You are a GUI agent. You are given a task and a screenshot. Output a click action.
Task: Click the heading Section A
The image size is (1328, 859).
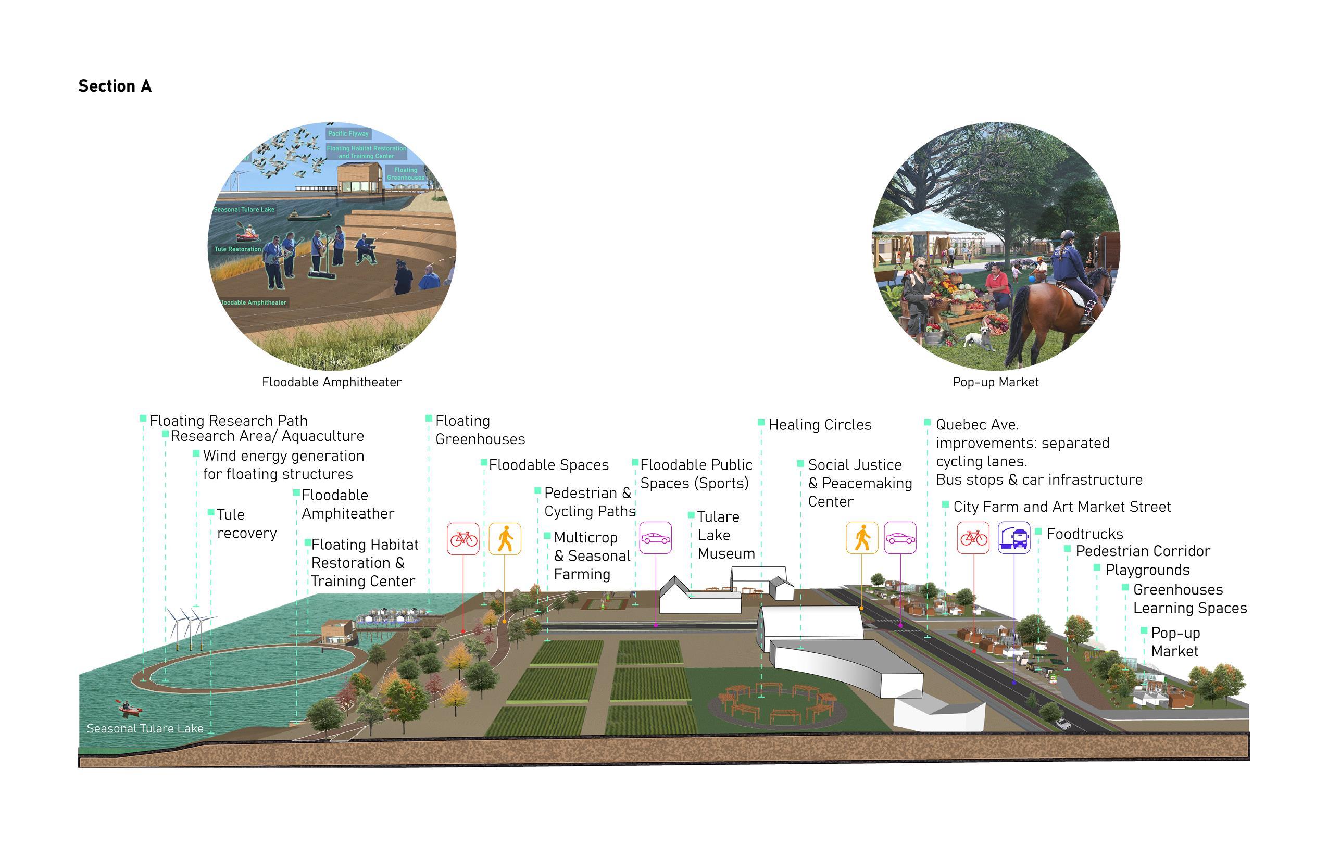tap(115, 86)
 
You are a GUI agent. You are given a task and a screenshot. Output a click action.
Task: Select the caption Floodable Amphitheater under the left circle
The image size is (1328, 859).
tap(331, 382)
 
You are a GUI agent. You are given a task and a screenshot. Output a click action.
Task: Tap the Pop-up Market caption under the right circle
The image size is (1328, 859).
tap(995, 382)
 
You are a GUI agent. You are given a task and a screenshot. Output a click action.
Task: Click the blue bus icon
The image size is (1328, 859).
tap(1013, 538)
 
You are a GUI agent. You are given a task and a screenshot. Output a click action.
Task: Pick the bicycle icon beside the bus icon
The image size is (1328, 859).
tap(973, 538)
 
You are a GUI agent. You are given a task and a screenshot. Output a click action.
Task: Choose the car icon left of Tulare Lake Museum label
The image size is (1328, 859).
tap(655, 538)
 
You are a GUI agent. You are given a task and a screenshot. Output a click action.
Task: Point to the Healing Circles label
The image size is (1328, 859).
tap(820, 425)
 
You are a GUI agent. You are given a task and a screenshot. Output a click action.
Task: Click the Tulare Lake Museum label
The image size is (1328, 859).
tap(725, 536)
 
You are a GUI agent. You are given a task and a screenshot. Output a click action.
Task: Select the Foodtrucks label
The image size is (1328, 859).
tap(1084, 534)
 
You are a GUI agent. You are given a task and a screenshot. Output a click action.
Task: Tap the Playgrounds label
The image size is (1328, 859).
tap(1147, 570)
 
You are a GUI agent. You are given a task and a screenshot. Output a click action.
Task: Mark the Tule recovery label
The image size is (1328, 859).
tap(246, 524)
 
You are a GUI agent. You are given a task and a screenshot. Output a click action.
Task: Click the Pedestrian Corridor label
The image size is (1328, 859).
tap(1142, 551)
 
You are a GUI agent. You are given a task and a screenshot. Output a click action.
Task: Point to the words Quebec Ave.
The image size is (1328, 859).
tap(977, 425)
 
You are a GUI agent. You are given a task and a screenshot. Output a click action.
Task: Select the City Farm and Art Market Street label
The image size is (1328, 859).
tap(1061, 507)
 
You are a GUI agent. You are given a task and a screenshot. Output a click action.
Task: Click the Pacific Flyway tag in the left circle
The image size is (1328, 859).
tap(348, 134)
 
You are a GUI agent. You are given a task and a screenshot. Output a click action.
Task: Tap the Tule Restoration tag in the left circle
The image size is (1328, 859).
tap(237, 249)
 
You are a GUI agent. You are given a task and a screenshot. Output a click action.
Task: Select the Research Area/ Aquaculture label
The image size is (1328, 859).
tap(267, 436)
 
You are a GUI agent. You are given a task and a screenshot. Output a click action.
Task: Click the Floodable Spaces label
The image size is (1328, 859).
tap(548, 465)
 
